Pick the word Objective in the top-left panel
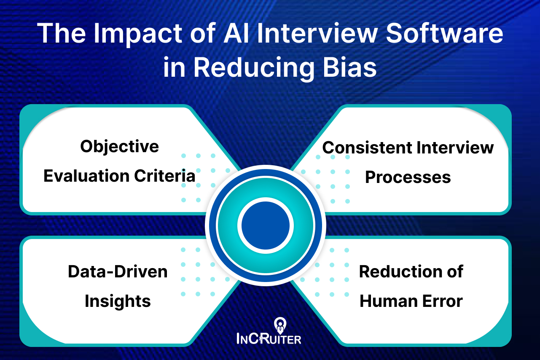pos(120,146)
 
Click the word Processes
pos(408,177)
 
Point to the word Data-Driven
pos(118,271)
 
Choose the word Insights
pos(118,301)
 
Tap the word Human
pos(385,301)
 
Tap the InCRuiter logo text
pos(269,338)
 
